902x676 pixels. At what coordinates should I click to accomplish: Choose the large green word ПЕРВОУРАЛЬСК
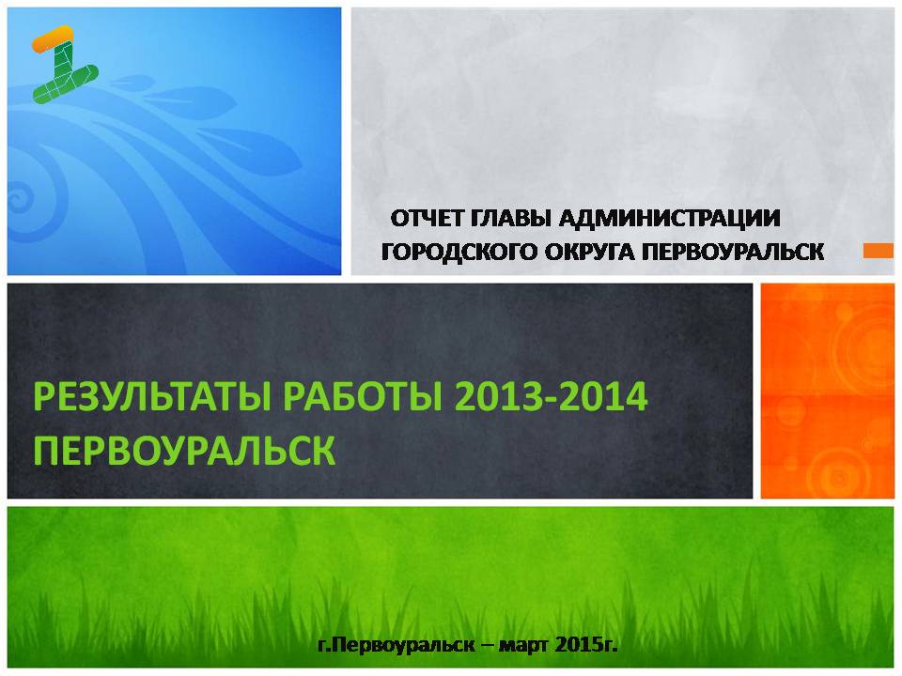184,450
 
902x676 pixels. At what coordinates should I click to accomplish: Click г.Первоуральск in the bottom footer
396,645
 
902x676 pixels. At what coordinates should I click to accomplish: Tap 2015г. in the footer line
586,645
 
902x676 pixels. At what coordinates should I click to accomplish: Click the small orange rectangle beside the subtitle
879,252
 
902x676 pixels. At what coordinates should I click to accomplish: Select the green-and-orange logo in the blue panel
65,65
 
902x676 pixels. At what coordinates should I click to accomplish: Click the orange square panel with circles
828,391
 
